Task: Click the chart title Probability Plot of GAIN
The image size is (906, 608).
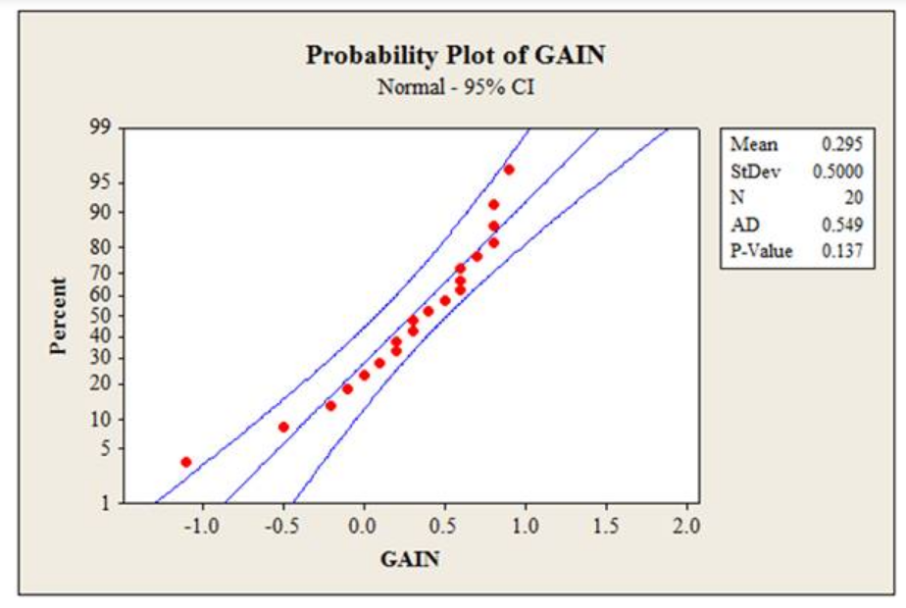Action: pos(456,55)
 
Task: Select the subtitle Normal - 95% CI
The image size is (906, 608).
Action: pos(456,86)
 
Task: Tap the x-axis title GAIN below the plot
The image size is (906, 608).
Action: pos(409,560)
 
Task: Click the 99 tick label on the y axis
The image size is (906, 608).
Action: pos(101,128)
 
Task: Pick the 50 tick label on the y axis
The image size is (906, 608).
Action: pos(101,316)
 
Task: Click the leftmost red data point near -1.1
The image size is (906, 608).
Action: pos(186,462)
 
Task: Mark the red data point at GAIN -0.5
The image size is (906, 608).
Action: pos(283,427)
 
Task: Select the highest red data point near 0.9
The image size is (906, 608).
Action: pos(509,170)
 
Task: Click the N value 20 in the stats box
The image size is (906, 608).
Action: pos(852,198)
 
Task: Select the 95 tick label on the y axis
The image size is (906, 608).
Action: pos(101,183)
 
